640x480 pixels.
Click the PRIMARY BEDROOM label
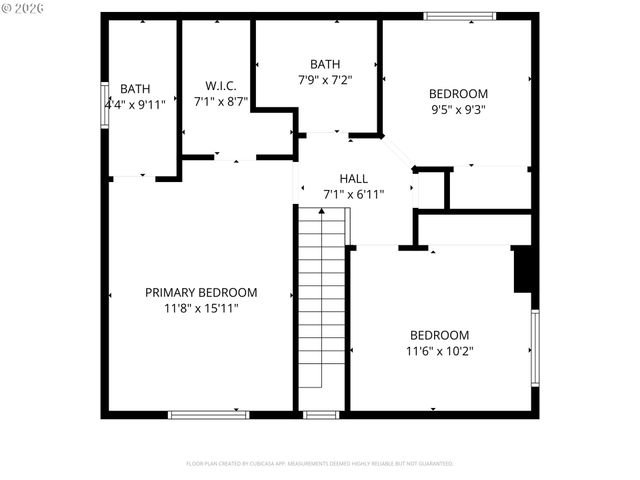pyautogui.click(x=201, y=293)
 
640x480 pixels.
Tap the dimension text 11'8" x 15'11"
pyautogui.click(x=201, y=308)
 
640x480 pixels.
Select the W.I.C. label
pyautogui.click(x=220, y=86)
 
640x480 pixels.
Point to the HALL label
pyautogui.click(x=353, y=178)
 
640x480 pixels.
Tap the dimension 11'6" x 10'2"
pyautogui.click(x=439, y=351)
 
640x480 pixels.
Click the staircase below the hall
pyautogui.click(x=322, y=300)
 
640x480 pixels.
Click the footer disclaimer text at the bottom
pyautogui.click(x=320, y=464)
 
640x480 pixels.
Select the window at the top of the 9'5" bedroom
pyautogui.click(x=459, y=16)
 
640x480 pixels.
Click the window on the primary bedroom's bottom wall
pyautogui.click(x=208, y=414)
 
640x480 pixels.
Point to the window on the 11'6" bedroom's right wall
pyautogui.click(x=535, y=347)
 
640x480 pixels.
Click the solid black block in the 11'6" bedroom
pyautogui.click(x=523, y=269)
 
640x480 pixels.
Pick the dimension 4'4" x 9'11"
pyautogui.click(x=135, y=104)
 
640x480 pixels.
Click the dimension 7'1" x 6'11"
pyautogui.click(x=353, y=194)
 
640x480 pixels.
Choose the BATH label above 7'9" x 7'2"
pyautogui.click(x=325, y=62)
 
